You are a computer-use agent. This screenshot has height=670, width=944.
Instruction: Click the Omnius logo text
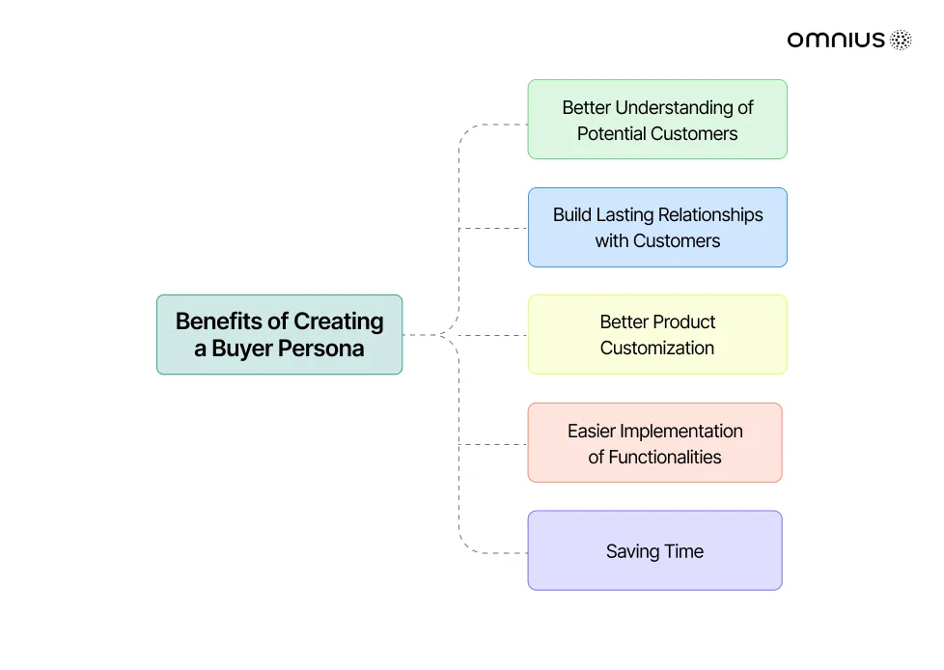(x=836, y=40)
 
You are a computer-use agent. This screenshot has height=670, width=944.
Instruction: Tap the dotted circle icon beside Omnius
(x=901, y=40)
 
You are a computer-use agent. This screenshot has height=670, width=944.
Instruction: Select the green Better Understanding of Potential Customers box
(x=657, y=119)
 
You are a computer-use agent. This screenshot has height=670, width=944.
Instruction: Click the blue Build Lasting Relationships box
(x=657, y=228)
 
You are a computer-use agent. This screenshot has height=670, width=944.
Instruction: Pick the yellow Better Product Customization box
(x=657, y=335)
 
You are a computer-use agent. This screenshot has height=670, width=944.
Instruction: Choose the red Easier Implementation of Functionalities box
(x=655, y=442)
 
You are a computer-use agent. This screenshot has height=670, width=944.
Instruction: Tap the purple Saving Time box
(x=655, y=550)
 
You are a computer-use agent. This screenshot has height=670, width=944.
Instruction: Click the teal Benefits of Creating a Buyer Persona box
(x=279, y=335)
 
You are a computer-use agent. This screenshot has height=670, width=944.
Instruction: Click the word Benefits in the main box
(x=220, y=321)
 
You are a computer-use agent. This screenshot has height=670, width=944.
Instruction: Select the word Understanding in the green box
(x=675, y=108)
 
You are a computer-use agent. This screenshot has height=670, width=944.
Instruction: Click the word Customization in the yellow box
(x=657, y=348)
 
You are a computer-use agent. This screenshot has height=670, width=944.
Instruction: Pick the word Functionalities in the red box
(x=665, y=457)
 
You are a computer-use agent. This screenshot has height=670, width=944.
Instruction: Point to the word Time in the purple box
(x=684, y=551)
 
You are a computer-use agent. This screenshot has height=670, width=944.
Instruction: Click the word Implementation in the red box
(x=680, y=432)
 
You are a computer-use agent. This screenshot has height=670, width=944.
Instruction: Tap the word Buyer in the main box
(x=242, y=349)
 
